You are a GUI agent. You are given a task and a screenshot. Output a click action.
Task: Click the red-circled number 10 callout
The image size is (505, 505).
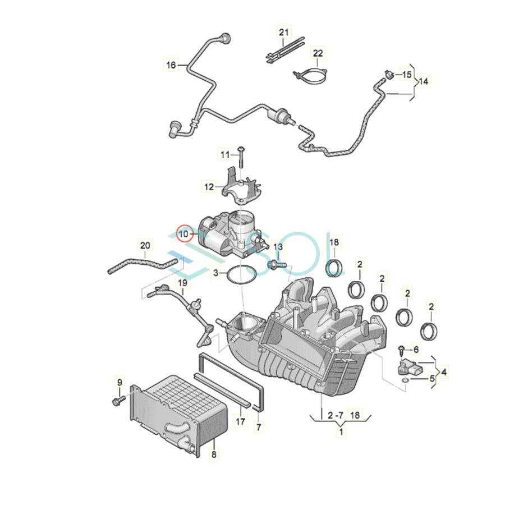coord(185,233)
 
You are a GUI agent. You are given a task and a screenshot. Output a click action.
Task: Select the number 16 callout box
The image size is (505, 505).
coord(171,65)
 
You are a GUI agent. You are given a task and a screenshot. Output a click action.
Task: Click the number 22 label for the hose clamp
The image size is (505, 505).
coord(318,54)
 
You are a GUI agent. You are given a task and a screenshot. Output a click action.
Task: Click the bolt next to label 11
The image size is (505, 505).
coord(240,156)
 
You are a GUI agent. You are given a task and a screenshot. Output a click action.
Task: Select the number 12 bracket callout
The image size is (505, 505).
coord(209,186)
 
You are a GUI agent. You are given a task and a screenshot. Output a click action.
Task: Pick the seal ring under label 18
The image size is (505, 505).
coord(336,268)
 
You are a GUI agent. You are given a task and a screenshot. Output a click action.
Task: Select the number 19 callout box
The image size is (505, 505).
coord(183,283)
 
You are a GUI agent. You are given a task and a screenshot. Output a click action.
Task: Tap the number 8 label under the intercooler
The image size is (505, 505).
coord(214,455)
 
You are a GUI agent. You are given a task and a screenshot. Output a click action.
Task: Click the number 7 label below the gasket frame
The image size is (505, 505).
coord(259,428)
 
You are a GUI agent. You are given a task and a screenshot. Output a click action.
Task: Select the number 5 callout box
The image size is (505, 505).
coord(432,379)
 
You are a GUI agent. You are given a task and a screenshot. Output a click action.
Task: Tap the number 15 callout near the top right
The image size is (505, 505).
coord(406,74)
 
